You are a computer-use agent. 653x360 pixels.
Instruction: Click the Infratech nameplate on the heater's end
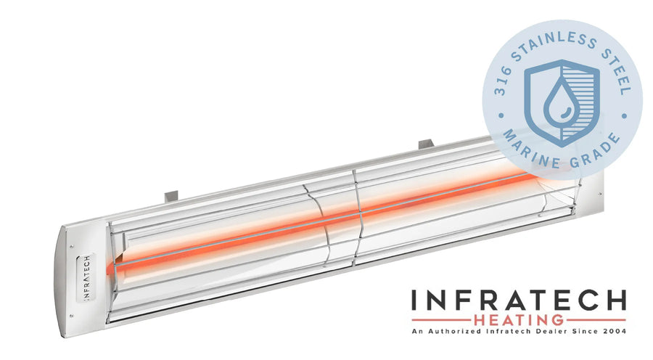point(86,277)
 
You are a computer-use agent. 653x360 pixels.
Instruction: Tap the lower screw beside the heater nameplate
point(71,316)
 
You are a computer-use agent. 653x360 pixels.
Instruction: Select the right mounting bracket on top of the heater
point(426,144)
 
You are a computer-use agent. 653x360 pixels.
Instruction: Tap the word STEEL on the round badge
point(616,70)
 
